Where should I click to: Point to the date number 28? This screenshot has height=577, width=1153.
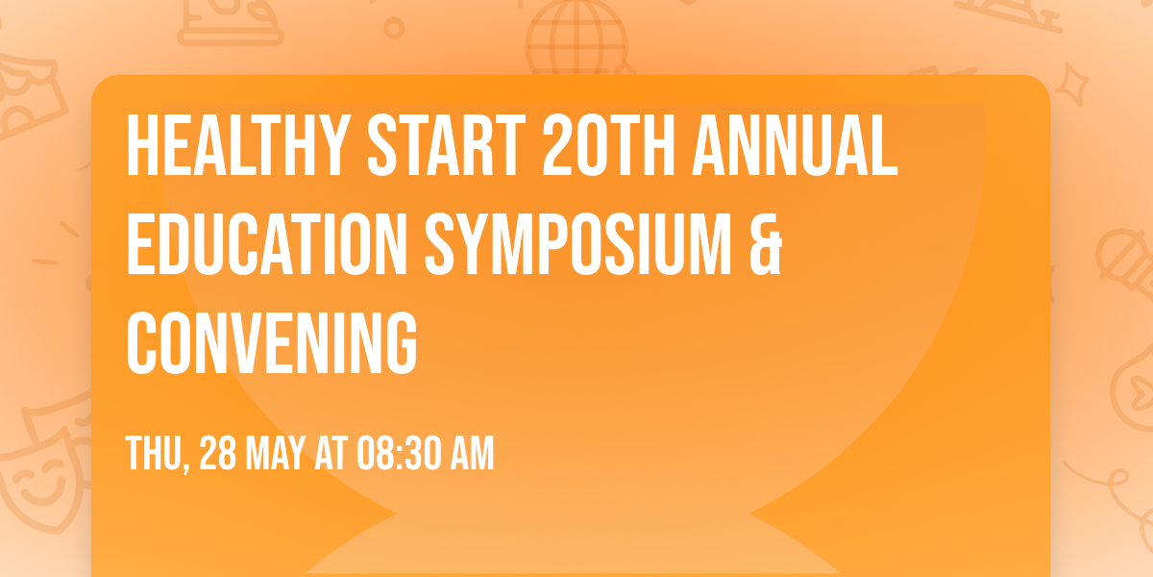216,453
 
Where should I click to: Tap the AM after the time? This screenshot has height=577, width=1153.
471,453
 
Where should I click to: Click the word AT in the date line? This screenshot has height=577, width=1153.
330,453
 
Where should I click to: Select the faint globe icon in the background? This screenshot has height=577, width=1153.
575,38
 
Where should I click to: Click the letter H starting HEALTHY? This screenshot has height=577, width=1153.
140,145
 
